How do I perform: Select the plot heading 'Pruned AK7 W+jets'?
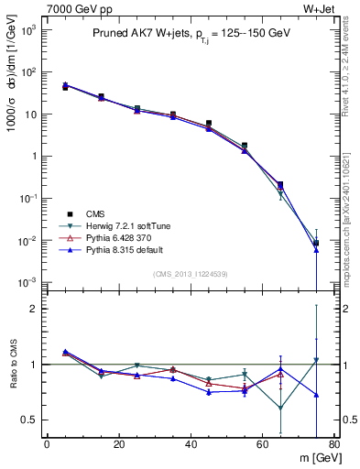137,34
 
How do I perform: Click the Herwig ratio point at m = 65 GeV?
280,409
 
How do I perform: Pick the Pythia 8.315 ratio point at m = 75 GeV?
316,395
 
